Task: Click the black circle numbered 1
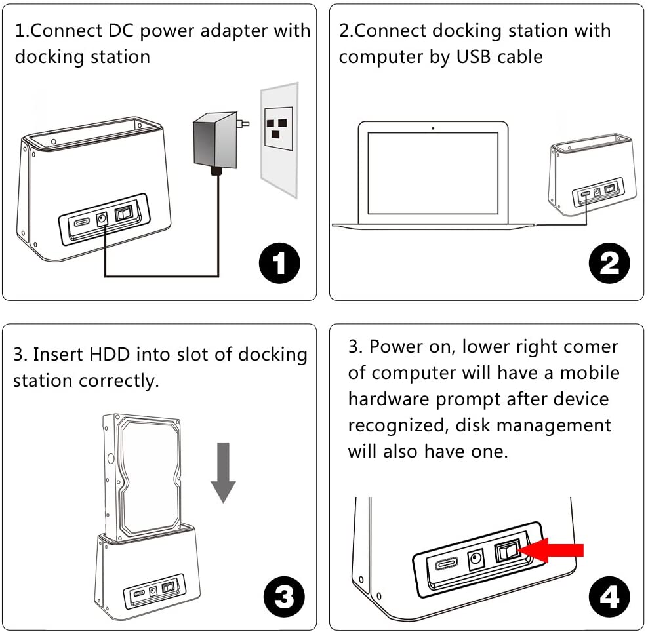[279, 265]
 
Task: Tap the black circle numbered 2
[609, 264]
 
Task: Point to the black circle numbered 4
[609, 597]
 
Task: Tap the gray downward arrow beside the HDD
[223, 471]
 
